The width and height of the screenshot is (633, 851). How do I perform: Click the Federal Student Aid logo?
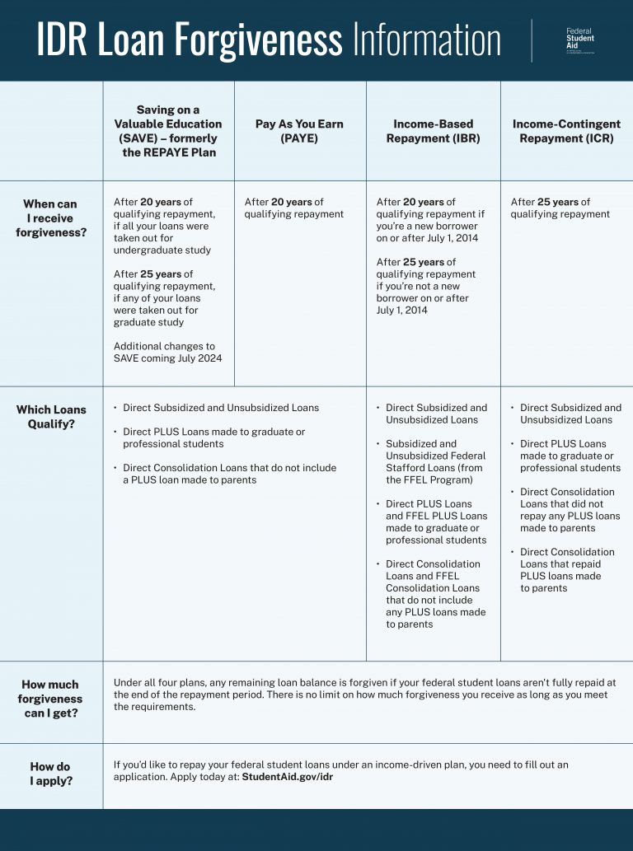point(579,40)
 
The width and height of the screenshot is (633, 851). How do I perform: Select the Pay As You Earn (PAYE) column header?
point(299,131)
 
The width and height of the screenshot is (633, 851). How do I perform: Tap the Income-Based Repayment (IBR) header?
point(433,131)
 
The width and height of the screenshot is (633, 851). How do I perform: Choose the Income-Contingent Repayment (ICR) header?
point(566,131)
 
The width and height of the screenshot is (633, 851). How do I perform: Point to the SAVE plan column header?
point(167,131)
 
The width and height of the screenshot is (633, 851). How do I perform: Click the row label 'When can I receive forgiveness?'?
point(50,218)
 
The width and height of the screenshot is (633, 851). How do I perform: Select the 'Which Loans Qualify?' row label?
point(51,417)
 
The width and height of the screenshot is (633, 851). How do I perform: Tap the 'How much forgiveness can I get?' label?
point(50,699)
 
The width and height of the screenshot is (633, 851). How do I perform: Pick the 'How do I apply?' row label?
point(50,773)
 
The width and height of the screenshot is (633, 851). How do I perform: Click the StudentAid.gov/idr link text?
point(287,777)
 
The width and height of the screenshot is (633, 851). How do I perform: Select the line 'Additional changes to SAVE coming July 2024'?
point(167,353)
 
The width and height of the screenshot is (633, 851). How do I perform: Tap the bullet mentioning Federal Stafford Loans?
point(435,461)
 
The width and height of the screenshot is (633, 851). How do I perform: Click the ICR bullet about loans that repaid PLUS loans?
point(566,570)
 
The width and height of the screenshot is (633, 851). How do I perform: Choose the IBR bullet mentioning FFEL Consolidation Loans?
point(435,594)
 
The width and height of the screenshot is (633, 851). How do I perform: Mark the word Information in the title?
point(427,40)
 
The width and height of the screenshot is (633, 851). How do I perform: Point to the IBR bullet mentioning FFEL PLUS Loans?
point(435,521)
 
